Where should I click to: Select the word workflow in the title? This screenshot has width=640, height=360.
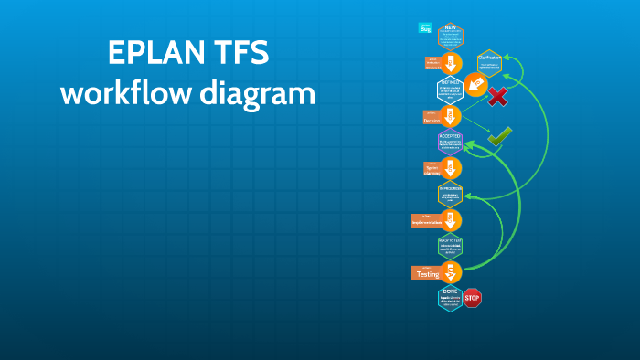pyautogui.click(x=130, y=92)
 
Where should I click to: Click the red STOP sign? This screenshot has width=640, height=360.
pyautogui.click(x=472, y=298)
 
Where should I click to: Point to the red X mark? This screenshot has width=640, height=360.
pyautogui.click(x=497, y=97)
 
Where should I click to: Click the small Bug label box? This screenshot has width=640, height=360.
pyautogui.click(x=425, y=28)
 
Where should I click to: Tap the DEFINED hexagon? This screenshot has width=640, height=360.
pyautogui.click(x=451, y=89)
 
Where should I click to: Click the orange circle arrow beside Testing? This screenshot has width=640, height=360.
pyautogui.click(x=451, y=271)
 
